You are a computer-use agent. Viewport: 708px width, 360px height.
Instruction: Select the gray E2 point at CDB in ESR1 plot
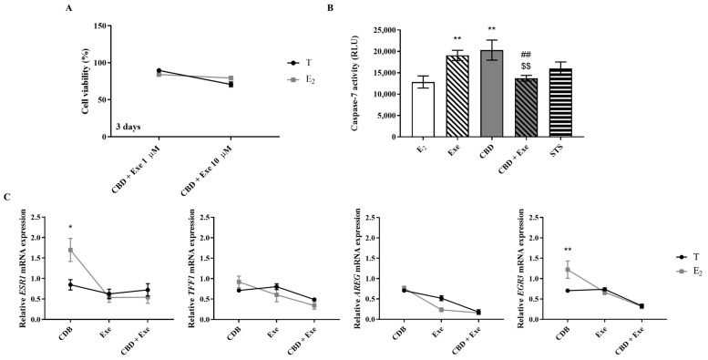(x=70, y=250)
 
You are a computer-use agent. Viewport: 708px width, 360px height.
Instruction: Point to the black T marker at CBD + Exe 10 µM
(x=231, y=85)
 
